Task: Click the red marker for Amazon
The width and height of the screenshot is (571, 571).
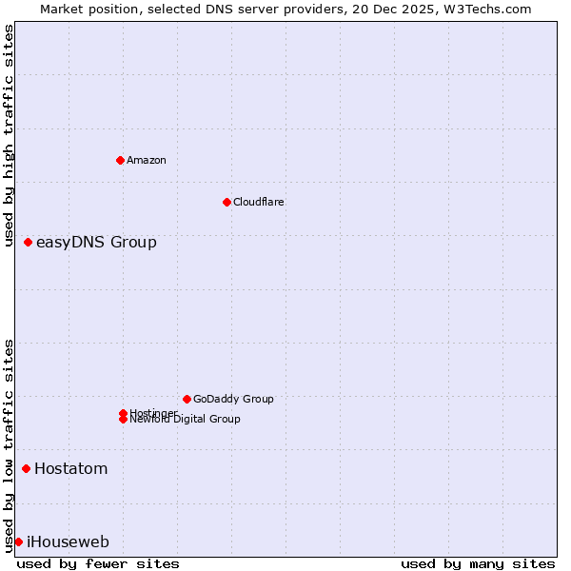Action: click(x=120, y=160)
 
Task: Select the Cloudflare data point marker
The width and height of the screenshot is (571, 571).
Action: click(x=226, y=202)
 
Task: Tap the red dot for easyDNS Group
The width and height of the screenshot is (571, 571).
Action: click(x=29, y=242)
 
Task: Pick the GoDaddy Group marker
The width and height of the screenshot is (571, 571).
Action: click(x=187, y=399)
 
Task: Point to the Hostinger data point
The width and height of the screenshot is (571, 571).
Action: click(x=123, y=413)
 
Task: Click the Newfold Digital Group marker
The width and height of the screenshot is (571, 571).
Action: click(x=123, y=419)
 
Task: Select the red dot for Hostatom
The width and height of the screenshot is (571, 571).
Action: click(x=26, y=468)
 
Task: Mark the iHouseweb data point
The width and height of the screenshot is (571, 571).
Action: click(x=18, y=541)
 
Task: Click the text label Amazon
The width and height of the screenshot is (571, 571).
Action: click(x=147, y=160)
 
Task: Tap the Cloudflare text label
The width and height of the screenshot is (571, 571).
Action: click(x=259, y=202)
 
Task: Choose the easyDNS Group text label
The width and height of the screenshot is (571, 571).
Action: click(x=96, y=242)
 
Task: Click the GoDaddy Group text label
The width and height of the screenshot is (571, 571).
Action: click(x=233, y=399)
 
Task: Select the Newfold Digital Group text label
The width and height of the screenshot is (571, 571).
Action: click(x=186, y=420)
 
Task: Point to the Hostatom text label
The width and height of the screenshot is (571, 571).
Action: click(x=71, y=468)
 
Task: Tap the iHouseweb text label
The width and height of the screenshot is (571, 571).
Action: click(x=68, y=541)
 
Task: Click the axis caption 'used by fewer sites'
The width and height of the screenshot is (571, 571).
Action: click(x=98, y=563)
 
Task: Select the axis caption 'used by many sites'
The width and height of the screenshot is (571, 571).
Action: click(x=478, y=563)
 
